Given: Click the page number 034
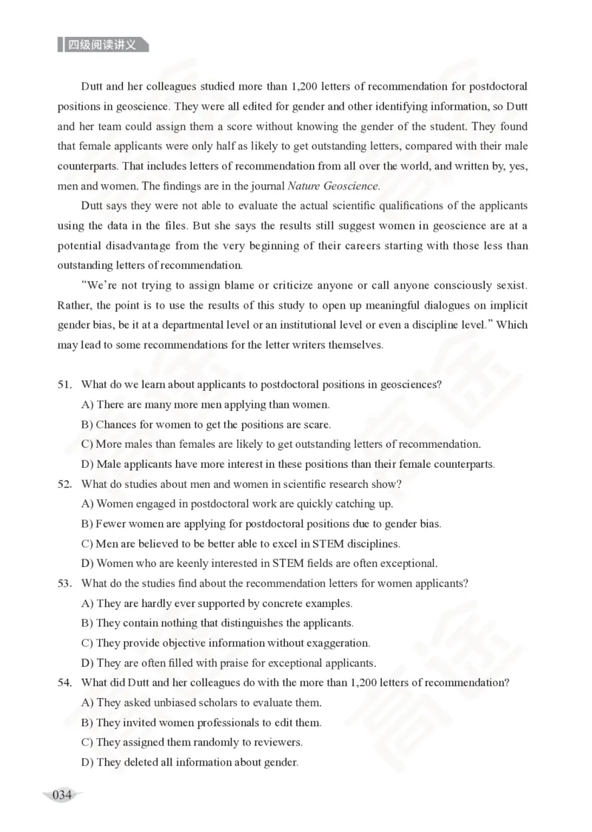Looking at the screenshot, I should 62,796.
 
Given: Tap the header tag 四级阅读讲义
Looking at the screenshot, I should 102,44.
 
